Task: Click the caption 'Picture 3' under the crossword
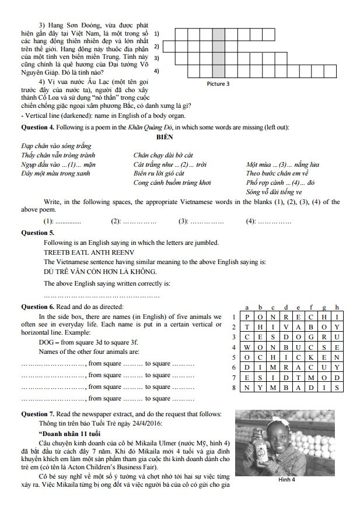click(x=218, y=84)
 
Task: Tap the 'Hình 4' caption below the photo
click(x=285, y=480)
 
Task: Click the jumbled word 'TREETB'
click(x=57, y=252)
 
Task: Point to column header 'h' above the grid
click(x=337, y=307)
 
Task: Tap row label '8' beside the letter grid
click(x=233, y=387)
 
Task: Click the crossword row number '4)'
click(x=156, y=71)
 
